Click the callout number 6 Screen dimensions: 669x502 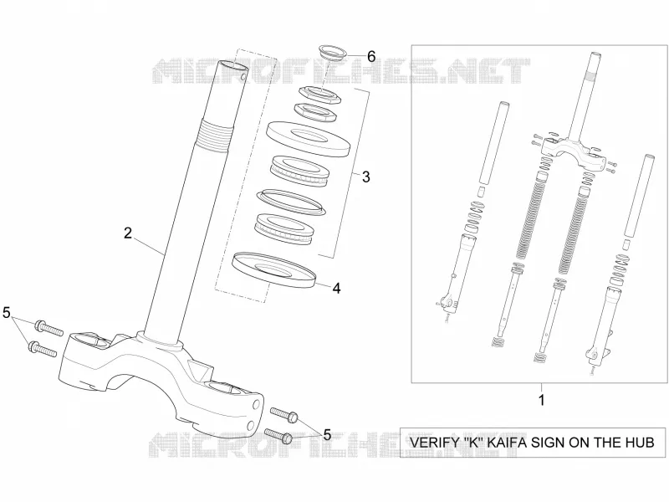(371, 56)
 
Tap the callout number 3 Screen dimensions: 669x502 (365, 177)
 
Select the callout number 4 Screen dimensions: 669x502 (337, 288)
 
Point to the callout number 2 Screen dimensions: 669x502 (128, 233)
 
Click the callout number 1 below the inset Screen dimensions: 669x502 (542, 401)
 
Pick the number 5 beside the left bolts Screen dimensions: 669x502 (6, 313)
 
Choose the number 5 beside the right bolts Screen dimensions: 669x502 (327, 435)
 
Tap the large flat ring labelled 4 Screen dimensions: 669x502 (273, 269)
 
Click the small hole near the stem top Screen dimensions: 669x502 (243, 77)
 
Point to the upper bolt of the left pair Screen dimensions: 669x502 (49, 328)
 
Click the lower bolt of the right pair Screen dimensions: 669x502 (278, 435)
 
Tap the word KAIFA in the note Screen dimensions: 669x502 (510, 443)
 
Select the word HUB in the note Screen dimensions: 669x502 (639, 443)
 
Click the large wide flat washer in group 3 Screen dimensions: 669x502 (308, 138)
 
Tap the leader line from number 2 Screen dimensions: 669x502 (149, 247)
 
